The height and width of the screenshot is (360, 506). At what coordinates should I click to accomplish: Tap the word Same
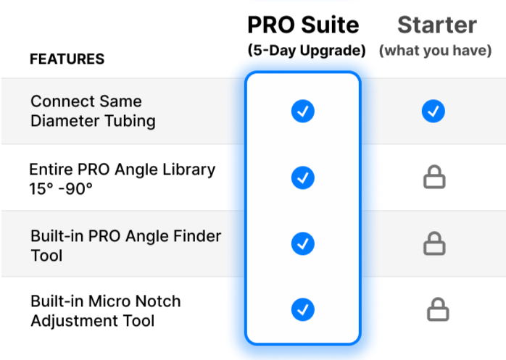[118, 101]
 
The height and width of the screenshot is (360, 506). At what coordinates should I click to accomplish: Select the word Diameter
[63, 121]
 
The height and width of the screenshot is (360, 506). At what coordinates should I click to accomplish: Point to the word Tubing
[128, 121]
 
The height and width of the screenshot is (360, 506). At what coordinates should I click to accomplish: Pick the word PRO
[99, 236]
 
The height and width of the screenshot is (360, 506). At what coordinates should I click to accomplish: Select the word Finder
[195, 236]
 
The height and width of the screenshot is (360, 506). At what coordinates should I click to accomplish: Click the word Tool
[46, 256]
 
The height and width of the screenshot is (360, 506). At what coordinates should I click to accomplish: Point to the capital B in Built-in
[35, 236]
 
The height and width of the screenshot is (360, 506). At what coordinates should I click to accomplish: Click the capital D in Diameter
[36, 121]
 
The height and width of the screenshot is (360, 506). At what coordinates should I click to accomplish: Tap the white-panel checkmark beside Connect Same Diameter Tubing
[302, 112]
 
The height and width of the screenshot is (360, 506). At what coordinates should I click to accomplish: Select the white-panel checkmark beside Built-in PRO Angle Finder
[302, 243]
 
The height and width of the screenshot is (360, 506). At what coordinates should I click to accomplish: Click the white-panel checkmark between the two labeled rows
[302, 177]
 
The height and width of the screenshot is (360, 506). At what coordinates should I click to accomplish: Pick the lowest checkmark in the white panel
[302, 309]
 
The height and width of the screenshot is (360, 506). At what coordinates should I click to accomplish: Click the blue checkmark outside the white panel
[433, 112]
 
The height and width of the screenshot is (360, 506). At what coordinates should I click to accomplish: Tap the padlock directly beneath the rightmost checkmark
[434, 177]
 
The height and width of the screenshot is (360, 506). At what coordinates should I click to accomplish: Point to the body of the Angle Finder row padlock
[434, 248]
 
